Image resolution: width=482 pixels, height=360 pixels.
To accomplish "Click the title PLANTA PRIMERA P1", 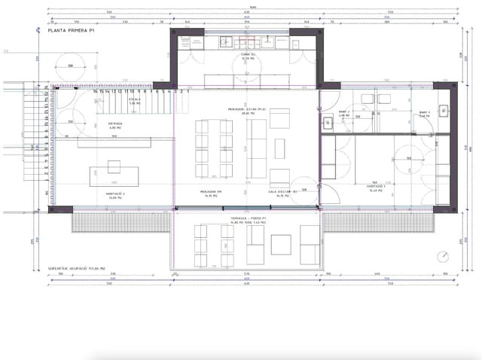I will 72,32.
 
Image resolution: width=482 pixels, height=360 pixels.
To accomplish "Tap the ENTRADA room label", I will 115,126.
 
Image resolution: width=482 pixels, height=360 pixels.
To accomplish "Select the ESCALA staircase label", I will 135,100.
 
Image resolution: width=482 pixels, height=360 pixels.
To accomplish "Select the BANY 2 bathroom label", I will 343,113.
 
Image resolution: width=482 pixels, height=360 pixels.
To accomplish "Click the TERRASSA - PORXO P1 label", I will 249,219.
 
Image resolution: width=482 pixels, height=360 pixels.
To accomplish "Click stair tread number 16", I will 95,91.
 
